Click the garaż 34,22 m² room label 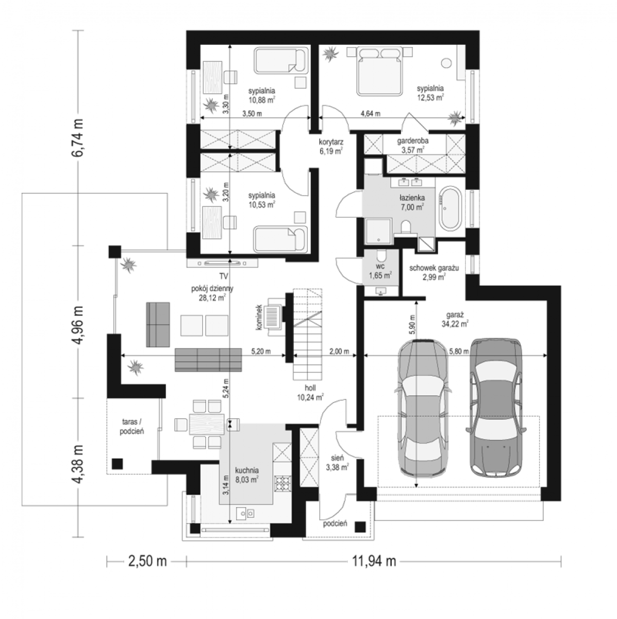(455, 319)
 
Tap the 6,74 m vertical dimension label (78, 138)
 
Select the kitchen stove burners (282, 484)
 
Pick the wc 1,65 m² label (380, 271)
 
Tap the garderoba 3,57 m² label (412, 145)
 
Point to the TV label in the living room (223, 276)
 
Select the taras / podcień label (132, 426)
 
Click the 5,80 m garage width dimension (459, 351)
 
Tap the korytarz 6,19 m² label (331, 146)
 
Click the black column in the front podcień (360, 527)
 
